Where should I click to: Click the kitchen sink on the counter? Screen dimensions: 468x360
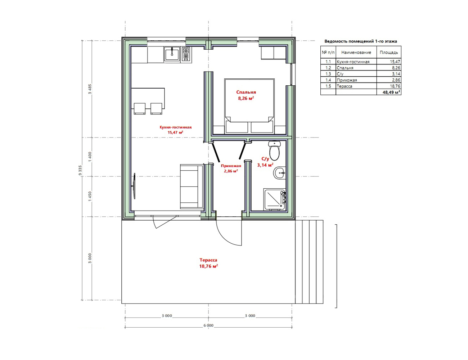click(172, 54)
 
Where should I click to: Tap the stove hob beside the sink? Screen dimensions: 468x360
click(186, 54)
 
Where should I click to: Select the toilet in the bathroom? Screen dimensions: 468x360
click(274, 150)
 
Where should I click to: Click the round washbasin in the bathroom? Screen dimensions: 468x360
click(280, 173)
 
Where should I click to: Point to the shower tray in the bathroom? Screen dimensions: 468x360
click(275, 199)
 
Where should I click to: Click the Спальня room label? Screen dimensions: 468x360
click(246, 92)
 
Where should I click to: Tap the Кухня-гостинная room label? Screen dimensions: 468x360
click(176, 127)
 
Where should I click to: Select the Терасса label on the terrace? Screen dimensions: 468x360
click(208, 260)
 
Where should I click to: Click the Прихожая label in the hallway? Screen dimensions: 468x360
click(231, 166)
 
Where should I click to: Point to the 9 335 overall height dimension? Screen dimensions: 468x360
click(80, 170)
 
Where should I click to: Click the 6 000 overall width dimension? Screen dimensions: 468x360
click(208, 325)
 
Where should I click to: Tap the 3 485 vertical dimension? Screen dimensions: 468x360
click(90, 89)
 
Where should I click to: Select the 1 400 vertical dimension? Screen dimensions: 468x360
click(90, 157)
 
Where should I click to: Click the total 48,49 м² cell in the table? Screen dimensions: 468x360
click(391, 92)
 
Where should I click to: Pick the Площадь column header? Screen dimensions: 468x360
click(389, 52)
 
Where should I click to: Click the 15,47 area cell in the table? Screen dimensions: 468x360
click(395, 62)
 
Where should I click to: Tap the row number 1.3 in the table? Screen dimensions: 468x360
click(328, 74)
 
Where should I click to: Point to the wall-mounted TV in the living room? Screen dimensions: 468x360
click(134, 186)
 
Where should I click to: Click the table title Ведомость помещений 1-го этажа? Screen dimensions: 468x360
click(361, 41)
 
